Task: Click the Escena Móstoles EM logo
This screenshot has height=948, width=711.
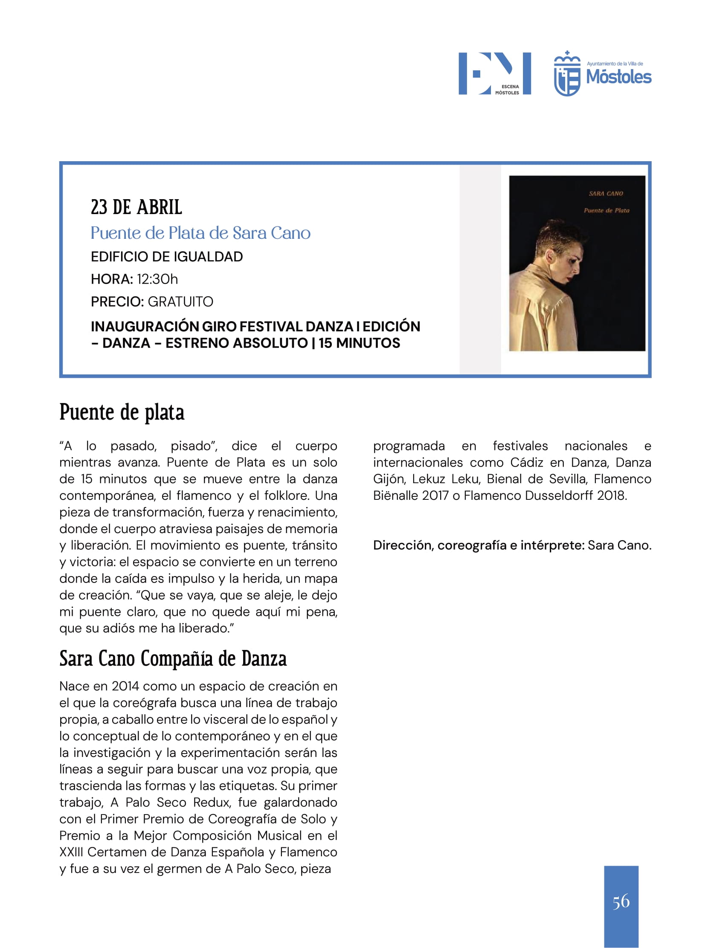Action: coord(494,73)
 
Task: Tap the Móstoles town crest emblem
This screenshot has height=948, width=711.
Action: coord(566,74)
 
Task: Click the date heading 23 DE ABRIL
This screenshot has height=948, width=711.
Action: coord(136,207)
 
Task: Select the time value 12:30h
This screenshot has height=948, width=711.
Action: coord(157,279)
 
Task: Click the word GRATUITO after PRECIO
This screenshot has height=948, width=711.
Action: coord(180,302)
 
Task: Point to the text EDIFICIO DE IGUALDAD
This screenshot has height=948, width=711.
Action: coord(167,257)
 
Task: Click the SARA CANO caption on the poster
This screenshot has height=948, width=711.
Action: coord(606,194)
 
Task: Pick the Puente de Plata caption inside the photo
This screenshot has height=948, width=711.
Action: coord(607,210)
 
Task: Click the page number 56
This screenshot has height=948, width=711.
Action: coord(621,901)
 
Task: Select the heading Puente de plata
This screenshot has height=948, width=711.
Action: coord(122,412)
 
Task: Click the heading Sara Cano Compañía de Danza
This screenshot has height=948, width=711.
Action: coord(173,659)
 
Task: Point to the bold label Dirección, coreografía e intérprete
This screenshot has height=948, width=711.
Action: coord(478,545)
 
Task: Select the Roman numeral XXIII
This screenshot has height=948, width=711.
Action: coord(71,852)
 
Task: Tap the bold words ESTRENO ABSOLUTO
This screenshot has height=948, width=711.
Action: coord(237,343)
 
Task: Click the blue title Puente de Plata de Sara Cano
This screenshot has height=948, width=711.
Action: coord(200,233)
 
